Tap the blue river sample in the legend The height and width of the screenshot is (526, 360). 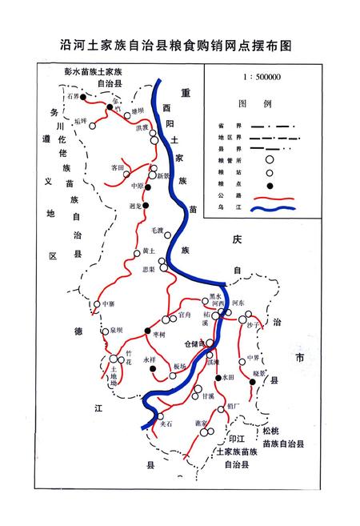273,210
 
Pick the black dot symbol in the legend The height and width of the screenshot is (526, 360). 270,186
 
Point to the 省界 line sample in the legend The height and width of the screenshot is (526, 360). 272,126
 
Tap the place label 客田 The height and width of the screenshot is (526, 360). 118,167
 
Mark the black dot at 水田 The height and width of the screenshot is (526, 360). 218,376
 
